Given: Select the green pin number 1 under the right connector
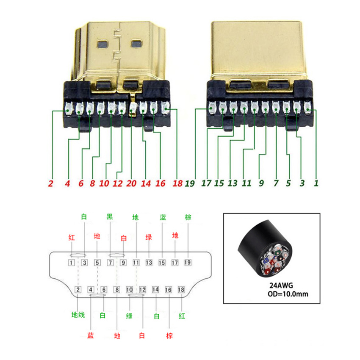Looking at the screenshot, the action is [x=316, y=183].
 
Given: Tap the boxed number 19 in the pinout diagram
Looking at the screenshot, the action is [x=188, y=263].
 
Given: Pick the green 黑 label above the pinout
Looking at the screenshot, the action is [x=110, y=217].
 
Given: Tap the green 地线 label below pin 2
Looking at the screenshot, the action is [x=78, y=315].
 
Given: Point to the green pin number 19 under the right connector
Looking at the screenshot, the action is [x=190, y=183].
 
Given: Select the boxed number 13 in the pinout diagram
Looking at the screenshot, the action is [x=149, y=263].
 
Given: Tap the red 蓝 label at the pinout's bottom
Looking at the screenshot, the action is [x=91, y=335].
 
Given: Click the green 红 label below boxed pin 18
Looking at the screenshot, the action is [x=182, y=316].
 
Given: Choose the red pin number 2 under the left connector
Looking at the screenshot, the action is [x=50, y=183].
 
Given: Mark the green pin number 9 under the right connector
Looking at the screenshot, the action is [x=261, y=183].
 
